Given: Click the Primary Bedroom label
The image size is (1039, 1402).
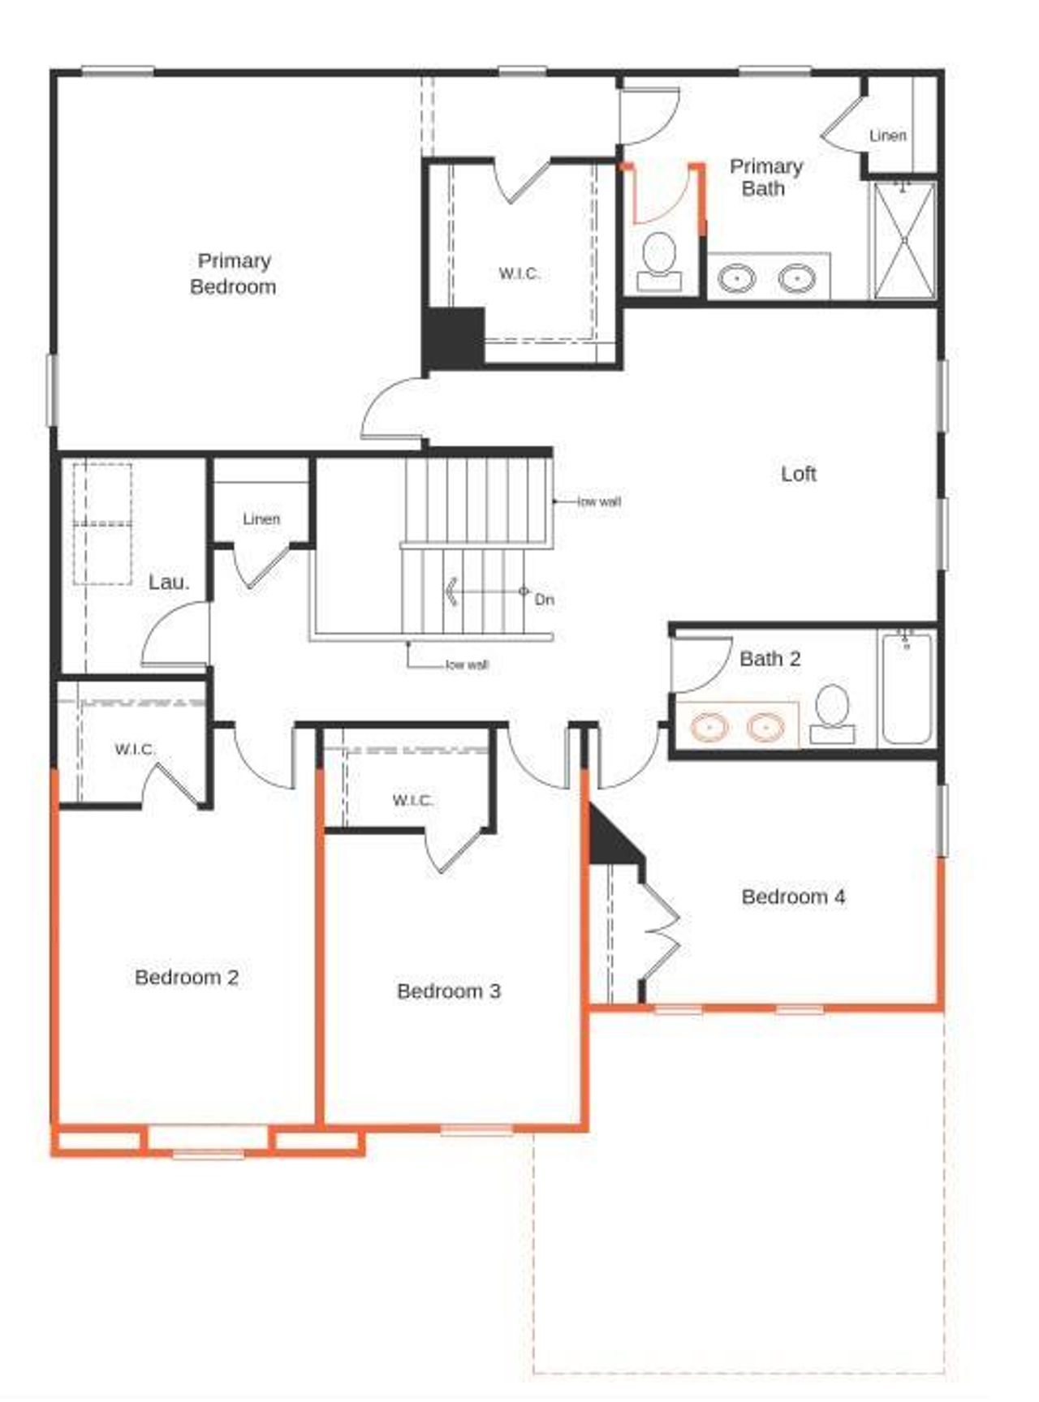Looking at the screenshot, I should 233,273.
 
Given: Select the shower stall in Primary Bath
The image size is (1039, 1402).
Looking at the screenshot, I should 903,240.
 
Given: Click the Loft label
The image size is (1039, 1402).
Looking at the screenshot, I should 798,474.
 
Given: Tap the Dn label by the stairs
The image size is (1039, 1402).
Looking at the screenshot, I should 545,600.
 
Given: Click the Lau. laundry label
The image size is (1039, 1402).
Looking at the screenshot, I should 169,582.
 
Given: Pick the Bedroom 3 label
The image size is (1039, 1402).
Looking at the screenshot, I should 448,991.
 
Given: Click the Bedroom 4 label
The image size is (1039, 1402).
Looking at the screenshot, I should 793,897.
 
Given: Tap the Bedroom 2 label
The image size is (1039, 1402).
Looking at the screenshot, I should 187,977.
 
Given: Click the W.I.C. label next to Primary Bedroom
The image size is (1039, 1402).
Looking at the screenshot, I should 519,273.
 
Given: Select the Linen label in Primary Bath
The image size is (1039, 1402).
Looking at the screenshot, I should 887,135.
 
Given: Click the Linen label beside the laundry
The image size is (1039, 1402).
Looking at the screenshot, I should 261,518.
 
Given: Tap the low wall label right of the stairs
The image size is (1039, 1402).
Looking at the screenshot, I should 599,501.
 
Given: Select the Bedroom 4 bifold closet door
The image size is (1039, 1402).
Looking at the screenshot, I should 662,933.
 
